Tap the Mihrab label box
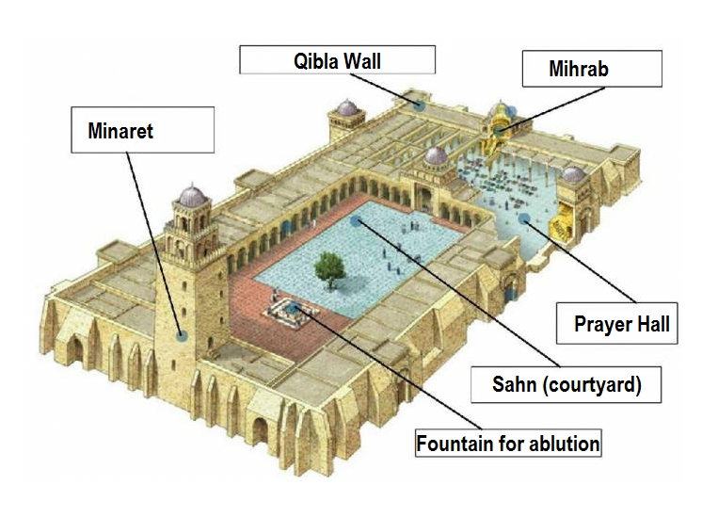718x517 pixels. click(592, 70)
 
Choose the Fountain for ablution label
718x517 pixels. click(508, 442)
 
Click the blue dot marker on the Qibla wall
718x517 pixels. click(417, 105)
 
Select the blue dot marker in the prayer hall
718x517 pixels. click(523, 219)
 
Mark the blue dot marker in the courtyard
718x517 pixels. click(355, 221)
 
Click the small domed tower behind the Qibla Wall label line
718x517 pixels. click(347, 117)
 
